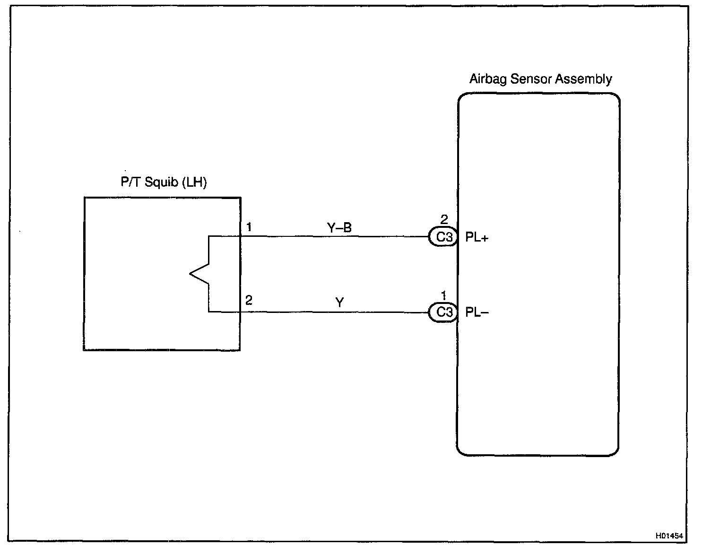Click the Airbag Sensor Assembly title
tap(540, 79)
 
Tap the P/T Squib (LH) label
tap(164, 182)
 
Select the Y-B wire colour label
tap(339, 228)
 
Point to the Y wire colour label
tap(339, 303)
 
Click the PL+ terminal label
tap(477, 237)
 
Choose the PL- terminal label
tap(477, 312)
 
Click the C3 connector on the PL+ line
tap(444, 237)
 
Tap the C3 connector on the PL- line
tap(444, 312)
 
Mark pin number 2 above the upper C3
tap(444, 219)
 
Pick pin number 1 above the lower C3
tap(444, 295)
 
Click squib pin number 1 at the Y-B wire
tap(249, 227)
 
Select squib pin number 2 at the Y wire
tap(249, 300)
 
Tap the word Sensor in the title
tap(530, 79)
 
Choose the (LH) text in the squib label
tap(194, 182)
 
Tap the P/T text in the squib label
tap(130, 182)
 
